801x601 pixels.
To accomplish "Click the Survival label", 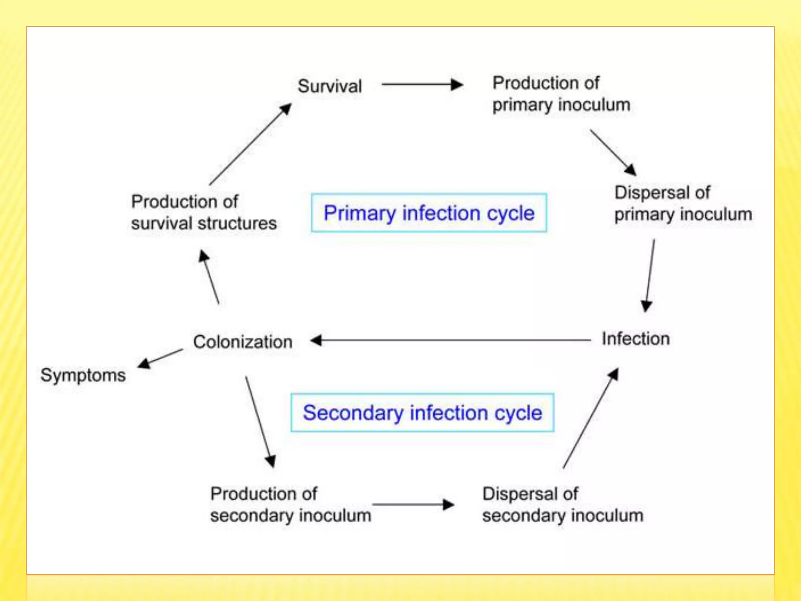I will (x=330, y=86).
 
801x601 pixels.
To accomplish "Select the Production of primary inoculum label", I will (x=561, y=94).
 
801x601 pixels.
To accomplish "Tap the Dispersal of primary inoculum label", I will (x=683, y=203).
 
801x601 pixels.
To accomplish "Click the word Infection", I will (x=636, y=339).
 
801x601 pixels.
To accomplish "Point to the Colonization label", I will (x=242, y=342).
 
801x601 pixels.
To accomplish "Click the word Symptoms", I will (x=83, y=375).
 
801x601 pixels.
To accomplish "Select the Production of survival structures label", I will (x=203, y=212).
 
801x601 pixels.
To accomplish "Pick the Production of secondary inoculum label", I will (x=290, y=505).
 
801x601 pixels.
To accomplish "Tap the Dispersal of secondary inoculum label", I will (x=562, y=505).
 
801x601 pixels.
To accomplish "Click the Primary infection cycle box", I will (x=429, y=213).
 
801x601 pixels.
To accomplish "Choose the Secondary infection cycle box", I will (x=422, y=413).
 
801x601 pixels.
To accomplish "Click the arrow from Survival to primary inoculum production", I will (x=422, y=84).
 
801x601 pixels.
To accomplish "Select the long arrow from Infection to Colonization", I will (x=450, y=340).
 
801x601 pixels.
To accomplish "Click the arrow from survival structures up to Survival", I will (x=250, y=144).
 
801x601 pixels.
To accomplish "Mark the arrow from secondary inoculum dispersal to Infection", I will (x=591, y=418).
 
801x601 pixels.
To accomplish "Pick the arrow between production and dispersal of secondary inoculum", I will (x=413, y=505).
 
